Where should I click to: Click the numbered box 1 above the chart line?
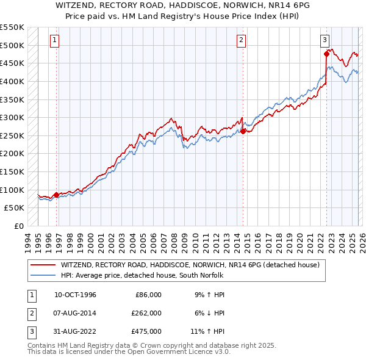tap(54, 40)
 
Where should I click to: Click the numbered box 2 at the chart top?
tap(241, 40)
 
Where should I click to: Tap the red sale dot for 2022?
tap(326, 54)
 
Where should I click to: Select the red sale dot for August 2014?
tap(243, 131)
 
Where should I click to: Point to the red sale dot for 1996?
tap(57, 195)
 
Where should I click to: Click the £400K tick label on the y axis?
tap(12, 81)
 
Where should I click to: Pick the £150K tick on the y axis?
tap(12, 172)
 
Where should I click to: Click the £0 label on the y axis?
tap(18, 226)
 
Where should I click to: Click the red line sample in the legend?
tap(43, 265)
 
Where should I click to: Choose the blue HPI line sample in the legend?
tap(43, 276)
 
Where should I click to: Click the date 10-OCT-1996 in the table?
tap(75, 295)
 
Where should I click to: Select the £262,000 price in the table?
tap(146, 313)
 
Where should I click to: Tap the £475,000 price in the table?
tap(146, 331)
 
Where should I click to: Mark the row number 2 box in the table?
tap(30, 313)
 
